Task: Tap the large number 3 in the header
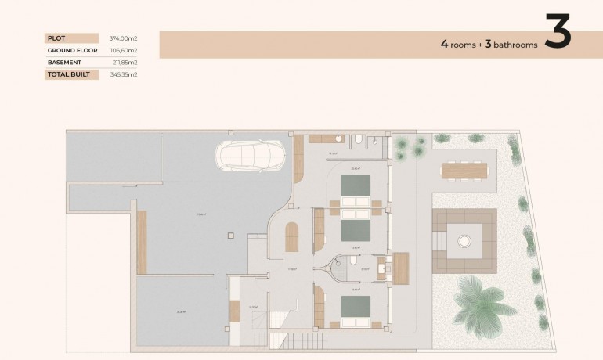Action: coord(557,33)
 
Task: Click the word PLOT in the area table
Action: coord(56,38)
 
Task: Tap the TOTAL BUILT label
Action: coord(68,75)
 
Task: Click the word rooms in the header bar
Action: coord(465,45)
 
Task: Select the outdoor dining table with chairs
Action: coord(464,170)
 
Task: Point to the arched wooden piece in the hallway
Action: coord(291,237)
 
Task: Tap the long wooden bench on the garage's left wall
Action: coord(142,242)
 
